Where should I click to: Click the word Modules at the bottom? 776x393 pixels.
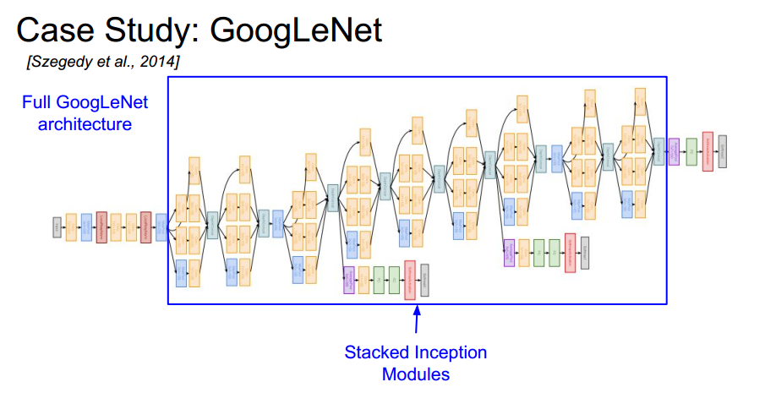(x=415, y=373)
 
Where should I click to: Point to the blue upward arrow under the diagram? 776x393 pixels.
(x=416, y=321)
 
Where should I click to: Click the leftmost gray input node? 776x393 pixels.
(x=57, y=227)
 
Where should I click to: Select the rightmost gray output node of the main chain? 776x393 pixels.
(x=722, y=150)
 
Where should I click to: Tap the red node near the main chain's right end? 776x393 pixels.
(x=707, y=151)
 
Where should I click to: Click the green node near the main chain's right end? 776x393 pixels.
(x=691, y=151)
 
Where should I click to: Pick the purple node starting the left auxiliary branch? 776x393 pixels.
(x=348, y=280)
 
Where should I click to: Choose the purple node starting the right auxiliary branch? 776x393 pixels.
(x=509, y=252)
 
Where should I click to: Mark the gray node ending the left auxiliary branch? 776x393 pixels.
(x=424, y=280)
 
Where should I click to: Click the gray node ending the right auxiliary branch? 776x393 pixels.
(x=584, y=252)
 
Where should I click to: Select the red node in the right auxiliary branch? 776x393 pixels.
(x=570, y=251)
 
